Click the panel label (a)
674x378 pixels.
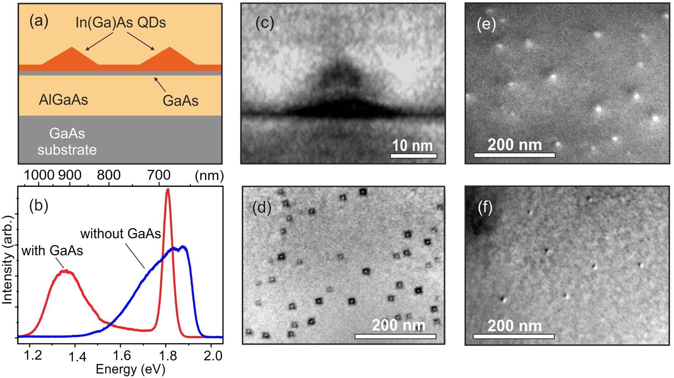click(x=39, y=21)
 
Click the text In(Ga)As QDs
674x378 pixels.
click(x=121, y=23)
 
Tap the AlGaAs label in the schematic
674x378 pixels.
click(x=63, y=100)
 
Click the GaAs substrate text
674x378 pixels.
click(x=67, y=142)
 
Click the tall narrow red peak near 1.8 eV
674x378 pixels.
click(x=168, y=192)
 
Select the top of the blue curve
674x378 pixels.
click(x=182, y=246)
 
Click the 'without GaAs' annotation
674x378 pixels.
click(x=121, y=234)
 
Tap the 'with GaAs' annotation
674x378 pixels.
click(x=52, y=251)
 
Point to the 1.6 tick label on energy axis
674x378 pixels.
click(x=122, y=355)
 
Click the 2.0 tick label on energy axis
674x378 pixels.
click(x=213, y=355)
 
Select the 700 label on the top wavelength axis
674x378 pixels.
click(x=159, y=175)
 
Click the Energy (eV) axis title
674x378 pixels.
click(x=131, y=369)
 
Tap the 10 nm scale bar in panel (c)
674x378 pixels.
click(x=413, y=155)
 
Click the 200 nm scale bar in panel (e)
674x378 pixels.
click(x=514, y=155)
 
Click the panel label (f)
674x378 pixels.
click(x=485, y=207)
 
